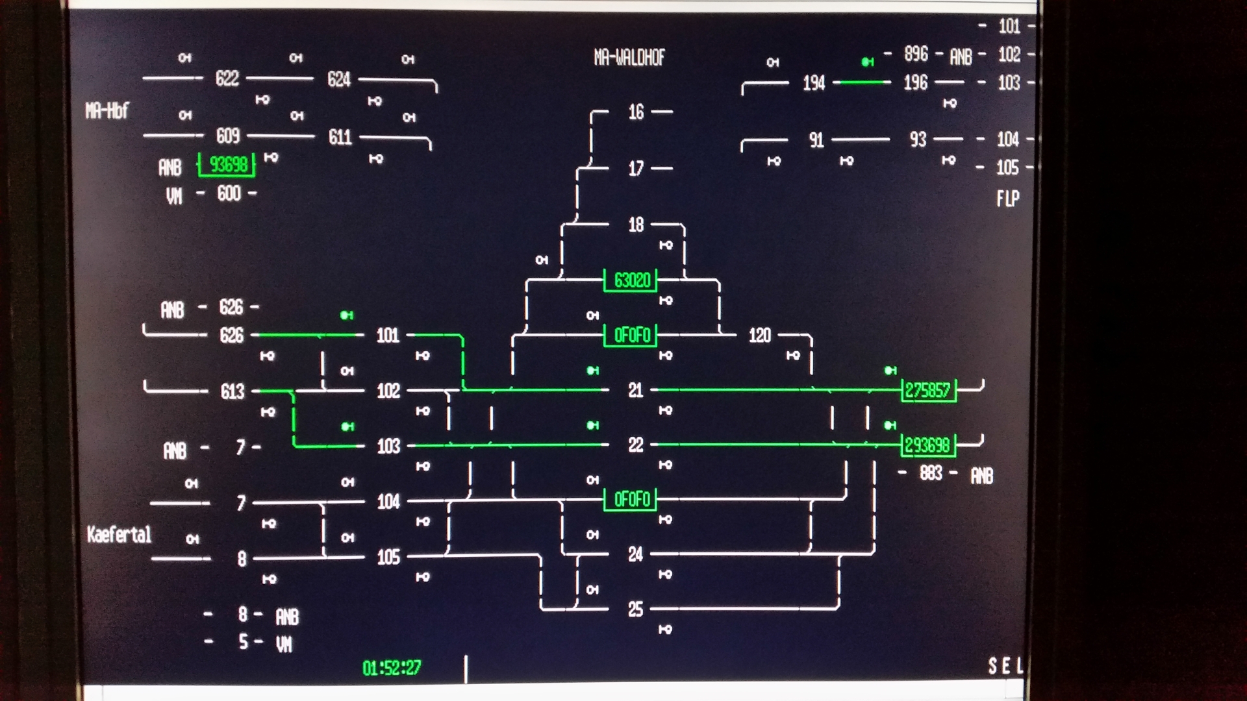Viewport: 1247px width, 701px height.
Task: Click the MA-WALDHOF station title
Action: (x=629, y=58)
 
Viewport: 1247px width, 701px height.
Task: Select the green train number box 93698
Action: (x=227, y=165)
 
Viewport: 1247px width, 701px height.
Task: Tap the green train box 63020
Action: (x=631, y=280)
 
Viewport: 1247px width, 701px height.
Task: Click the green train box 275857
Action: (x=927, y=390)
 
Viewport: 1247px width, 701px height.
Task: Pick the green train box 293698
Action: (x=927, y=445)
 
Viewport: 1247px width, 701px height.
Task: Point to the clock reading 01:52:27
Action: (x=392, y=668)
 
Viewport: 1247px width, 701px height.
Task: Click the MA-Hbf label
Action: (x=107, y=111)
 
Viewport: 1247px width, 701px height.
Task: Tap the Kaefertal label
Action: (x=119, y=535)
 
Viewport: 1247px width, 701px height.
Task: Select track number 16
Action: (x=636, y=112)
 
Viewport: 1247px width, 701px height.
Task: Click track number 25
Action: (x=635, y=609)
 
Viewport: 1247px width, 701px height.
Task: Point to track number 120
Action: (x=759, y=336)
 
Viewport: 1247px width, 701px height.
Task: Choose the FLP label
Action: (x=1007, y=199)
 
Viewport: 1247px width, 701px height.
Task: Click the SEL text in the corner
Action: (x=1005, y=666)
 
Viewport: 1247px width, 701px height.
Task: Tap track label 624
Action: (x=339, y=80)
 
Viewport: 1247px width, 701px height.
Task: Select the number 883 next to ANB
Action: (x=931, y=473)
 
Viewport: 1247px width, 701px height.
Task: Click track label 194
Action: (x=814, y=83)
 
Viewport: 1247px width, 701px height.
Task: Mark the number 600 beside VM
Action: (x=229, y=193)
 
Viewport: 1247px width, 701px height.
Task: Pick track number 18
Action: (x=636, y=225)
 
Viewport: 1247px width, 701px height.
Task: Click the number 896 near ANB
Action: (x=916, y=54)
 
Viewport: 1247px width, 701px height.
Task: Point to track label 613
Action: (x=232, y=391)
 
